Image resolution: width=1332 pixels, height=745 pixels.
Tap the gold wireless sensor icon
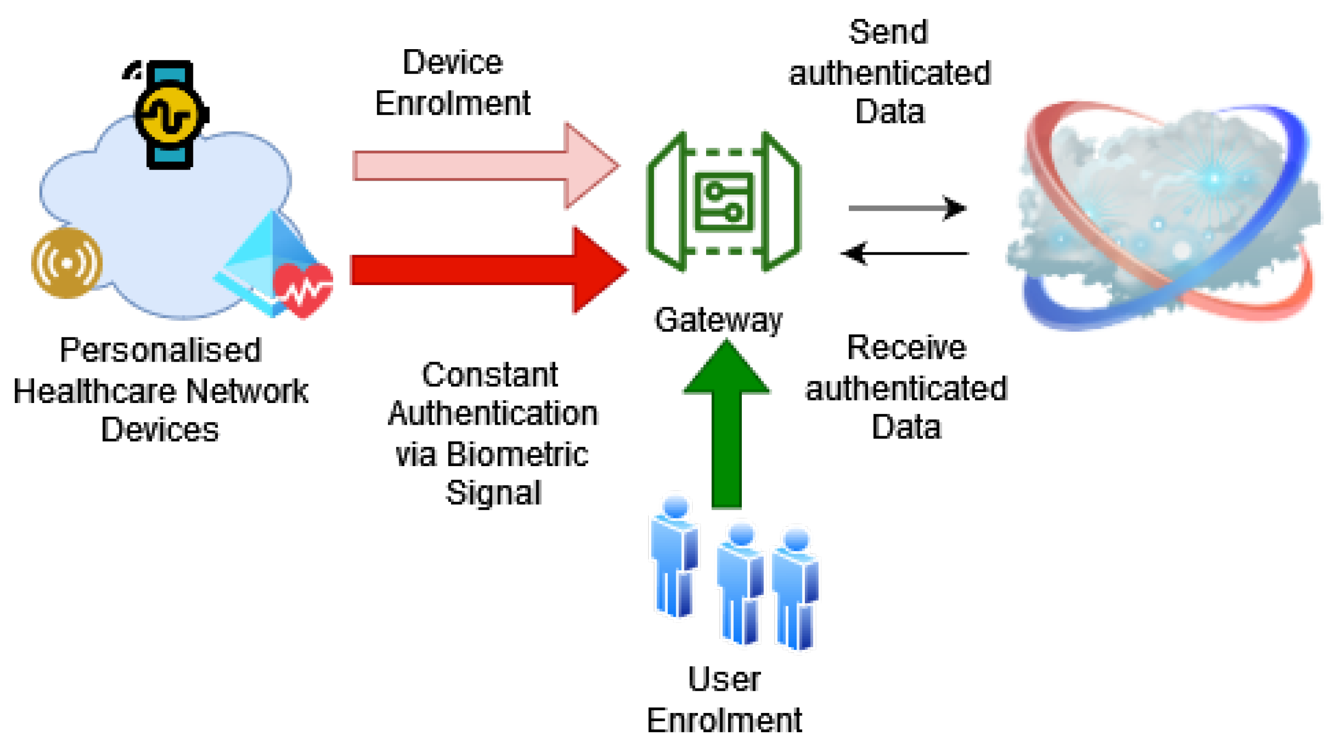coord(67,263)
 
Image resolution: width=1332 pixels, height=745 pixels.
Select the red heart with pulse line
coord(303,290)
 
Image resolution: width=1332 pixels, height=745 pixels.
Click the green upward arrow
coord(726,424)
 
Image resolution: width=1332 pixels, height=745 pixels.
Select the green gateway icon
coord(724,201)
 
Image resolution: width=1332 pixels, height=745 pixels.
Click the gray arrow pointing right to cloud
coord(906,208)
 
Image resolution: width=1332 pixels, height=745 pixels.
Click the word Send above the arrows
coord(888,32)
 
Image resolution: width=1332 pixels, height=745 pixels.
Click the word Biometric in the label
coord(517,454)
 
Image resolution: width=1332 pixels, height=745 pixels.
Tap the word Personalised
coord(160,350)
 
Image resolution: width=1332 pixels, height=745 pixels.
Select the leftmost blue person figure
coord(674,556)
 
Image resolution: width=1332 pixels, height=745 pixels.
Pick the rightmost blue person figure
coord(796,587)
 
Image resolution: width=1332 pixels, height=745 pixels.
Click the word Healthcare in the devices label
coord(95,391)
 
